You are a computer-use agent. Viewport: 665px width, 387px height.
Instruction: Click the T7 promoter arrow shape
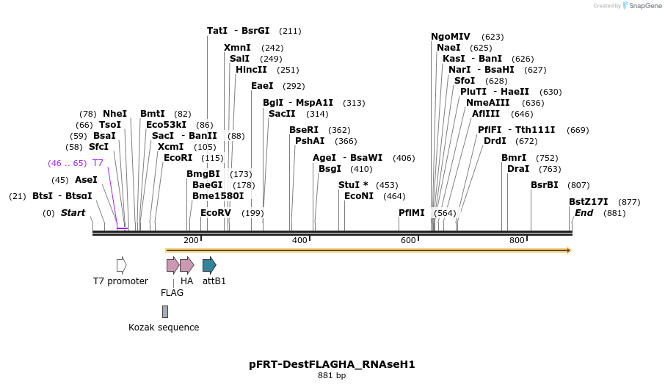coord(121,265)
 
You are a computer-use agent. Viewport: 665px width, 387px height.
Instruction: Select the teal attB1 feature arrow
coord(209,265)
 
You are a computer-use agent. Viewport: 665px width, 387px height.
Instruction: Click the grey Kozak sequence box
coord(165,311)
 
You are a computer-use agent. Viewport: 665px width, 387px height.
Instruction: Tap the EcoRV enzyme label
coord(216,213)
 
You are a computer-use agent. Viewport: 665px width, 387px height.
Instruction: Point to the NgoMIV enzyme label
coord(451,37)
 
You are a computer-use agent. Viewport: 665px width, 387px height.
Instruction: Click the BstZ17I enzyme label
coord(589,202)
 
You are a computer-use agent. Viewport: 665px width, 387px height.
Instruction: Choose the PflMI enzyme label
coord(412,213)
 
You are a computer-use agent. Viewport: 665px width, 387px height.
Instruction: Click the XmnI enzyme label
coord(237,48)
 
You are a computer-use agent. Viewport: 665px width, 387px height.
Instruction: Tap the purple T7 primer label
coord(98,163)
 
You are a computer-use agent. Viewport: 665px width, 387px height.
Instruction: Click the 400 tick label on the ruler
coord(299,240)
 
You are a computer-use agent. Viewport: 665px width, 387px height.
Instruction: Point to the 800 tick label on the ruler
coord(517,240)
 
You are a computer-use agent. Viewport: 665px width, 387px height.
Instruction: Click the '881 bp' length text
coord(332,376)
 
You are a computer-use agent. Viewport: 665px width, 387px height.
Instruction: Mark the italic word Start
coord(73,213)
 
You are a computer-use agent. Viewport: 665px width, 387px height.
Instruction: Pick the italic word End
coord(584,213)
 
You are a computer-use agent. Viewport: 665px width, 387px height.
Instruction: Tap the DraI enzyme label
coord(518,169)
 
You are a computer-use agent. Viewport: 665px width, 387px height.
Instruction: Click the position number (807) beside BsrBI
coord(579,185)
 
